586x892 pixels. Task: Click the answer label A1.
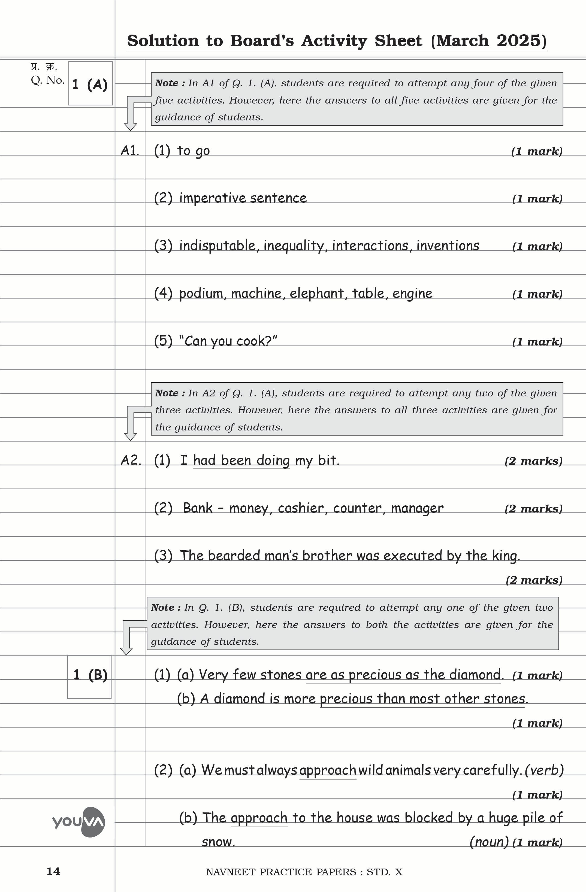pos(130,151)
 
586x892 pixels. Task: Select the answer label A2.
pos(131,460)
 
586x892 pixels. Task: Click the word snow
pos(218,842)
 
